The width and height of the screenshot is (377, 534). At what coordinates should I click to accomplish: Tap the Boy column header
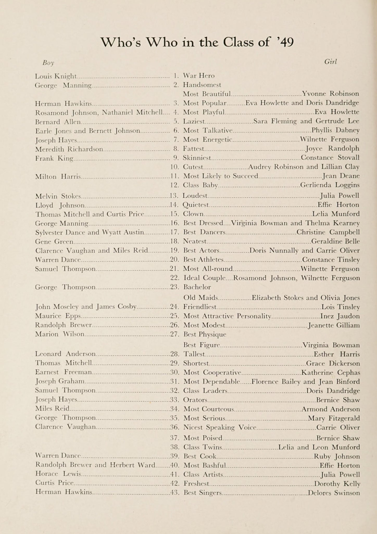point(48,63)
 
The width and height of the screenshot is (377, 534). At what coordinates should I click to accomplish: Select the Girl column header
point(330,62)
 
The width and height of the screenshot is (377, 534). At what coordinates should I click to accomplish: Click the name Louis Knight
point(56,76)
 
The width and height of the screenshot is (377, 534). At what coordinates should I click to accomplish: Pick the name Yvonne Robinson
point(331,94)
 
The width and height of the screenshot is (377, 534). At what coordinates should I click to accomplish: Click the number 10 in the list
point(174,167)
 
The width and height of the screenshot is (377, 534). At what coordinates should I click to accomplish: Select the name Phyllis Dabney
point(336,130)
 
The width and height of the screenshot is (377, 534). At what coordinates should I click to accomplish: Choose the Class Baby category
point(200,185)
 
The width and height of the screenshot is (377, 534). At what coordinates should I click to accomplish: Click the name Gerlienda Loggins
point(330,185)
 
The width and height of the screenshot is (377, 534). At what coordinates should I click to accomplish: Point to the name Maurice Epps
point(58,316)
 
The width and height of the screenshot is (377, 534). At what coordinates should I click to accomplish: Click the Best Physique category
point(205,334)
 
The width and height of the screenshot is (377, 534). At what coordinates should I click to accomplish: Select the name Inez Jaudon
point(340,316)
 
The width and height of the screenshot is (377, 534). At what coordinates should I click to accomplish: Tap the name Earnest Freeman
point(63,372)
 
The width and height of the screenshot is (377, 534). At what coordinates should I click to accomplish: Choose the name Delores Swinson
point(334,493)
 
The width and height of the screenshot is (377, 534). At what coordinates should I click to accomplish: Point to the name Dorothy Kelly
point(337,484)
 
